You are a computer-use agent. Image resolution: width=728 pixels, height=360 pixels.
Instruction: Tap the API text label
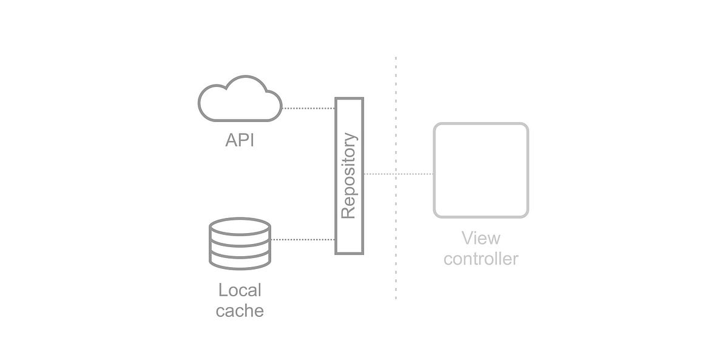(239, 141)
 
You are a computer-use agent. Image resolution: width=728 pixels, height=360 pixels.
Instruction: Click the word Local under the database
(240, 290)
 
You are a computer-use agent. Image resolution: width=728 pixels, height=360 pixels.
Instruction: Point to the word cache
(240, 311)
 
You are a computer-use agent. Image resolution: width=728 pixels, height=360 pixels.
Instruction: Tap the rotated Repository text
(348, 175)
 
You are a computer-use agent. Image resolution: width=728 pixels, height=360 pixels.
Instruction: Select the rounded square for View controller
(480, 170)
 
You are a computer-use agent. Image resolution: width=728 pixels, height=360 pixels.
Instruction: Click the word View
(480, 237)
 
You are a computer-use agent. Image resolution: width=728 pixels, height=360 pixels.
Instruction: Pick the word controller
(480, 259)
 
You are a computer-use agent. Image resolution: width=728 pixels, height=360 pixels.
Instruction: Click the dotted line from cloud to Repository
(308, 109)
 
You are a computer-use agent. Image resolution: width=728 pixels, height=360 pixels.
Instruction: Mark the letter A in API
(230, 141)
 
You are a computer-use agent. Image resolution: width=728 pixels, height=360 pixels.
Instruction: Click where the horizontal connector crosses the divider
(396, 174)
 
